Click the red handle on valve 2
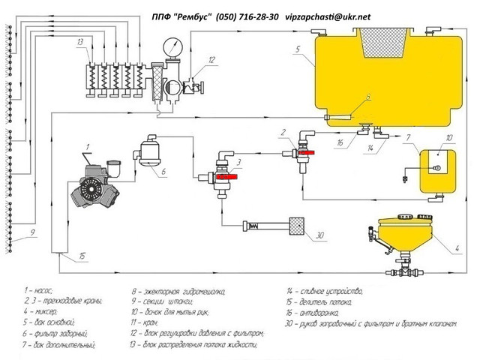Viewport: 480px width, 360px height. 308,151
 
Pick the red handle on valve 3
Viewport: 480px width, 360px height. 232,177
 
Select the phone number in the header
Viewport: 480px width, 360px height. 246,15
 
